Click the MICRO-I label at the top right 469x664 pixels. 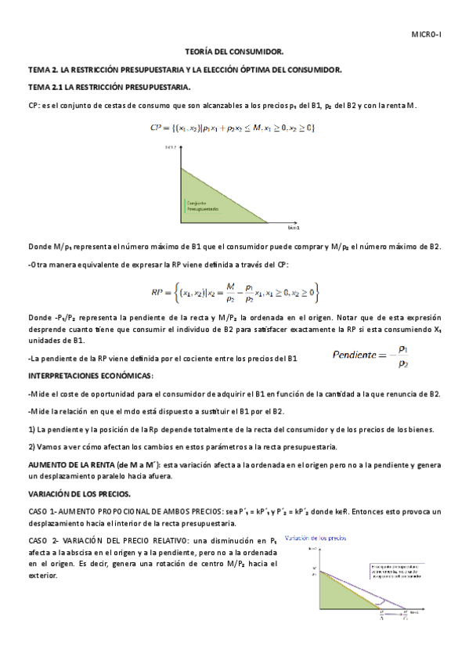click(x=427, y=35)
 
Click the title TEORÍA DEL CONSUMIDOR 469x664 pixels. click(x=233, y=52)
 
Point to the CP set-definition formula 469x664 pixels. click(x=233, y=127)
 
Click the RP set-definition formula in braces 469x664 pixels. click(x=234, y=293)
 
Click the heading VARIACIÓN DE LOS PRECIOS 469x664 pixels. click(x=79, y=495)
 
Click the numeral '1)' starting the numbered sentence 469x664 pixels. click(x=31, y=429)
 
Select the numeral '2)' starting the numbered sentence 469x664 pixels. click(x=31, y=446)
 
